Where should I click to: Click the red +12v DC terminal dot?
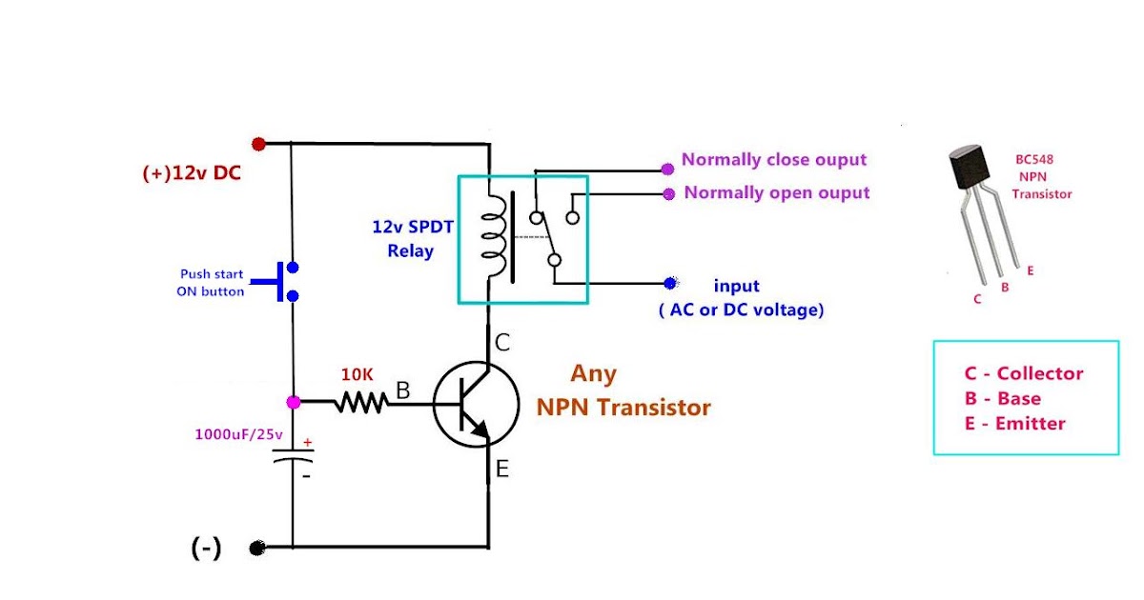tap(258, 145)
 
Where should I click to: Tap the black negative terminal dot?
tap(257, 548)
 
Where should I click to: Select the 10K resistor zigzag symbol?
tap(361, 402)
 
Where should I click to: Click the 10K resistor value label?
tap(357, 375)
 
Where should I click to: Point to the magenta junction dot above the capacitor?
tap(294, 403)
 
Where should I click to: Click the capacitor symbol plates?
tap(294, 455)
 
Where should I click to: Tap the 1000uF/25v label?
tap(238, 434)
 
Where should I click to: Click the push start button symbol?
tap(275, 281)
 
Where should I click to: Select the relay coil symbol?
tap(494, 237)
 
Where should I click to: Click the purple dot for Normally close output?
tap(667, 170)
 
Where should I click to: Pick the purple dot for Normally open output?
tap(669, 194)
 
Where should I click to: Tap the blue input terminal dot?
tap(670, 283)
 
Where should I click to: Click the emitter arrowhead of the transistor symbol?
tap(481, 430)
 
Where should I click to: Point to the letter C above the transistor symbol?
tap(502, 342)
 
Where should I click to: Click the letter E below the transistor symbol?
tap(502, 469)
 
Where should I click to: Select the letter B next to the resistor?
tap(403, 390)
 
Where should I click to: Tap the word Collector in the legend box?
tap(1040, 373)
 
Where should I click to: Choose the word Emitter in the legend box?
tap(1031, 424)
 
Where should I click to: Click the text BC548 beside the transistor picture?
tap(1034, 160)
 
